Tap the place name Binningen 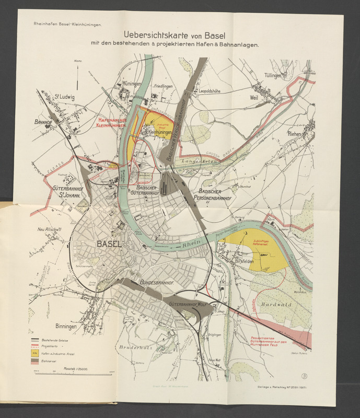click(64, 326)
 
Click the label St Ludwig click(64, 97)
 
